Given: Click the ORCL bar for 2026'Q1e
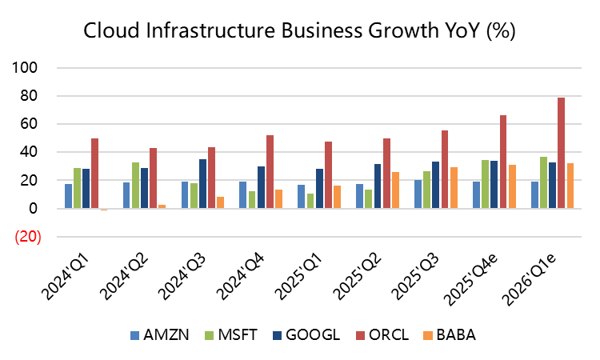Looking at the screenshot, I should [561, 153].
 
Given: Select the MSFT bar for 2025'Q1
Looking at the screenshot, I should [310, 201].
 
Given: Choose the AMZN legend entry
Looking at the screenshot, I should [160, 335].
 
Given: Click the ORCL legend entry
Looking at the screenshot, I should [377, 335].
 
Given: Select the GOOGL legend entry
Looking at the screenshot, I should [302, 335].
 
